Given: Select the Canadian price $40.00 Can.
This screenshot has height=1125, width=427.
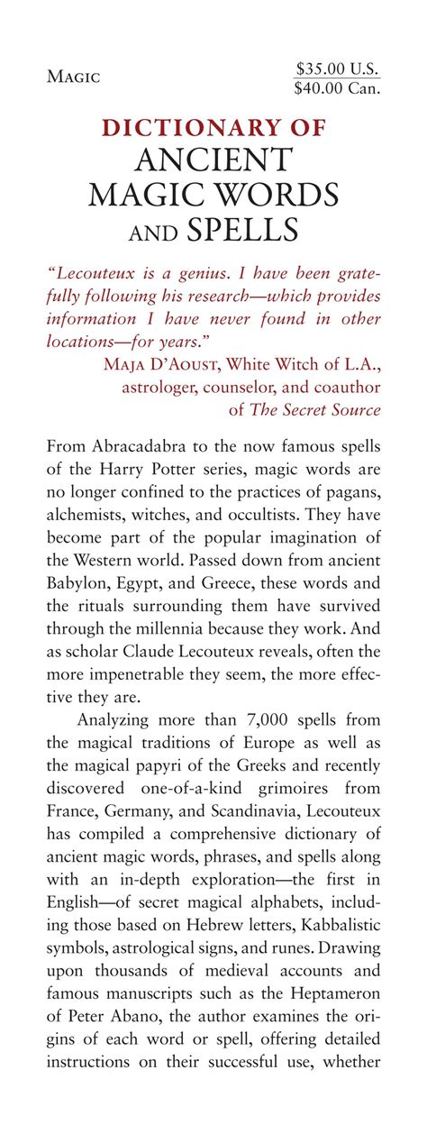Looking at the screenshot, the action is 338,87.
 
